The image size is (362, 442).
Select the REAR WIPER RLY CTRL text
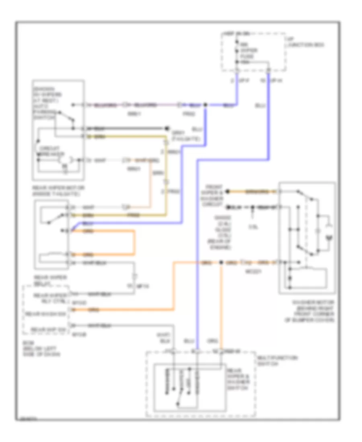[47, 298]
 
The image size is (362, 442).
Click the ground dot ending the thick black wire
[166, 129]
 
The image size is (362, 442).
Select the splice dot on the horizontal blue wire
[206, 105]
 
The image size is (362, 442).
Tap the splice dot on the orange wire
[221, 263]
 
